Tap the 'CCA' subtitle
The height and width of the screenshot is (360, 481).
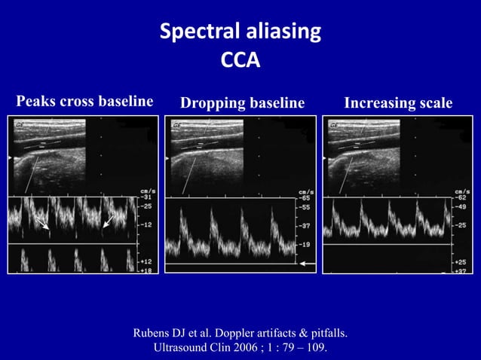click(240, 59)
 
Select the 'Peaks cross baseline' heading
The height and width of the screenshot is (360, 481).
click(84, 101)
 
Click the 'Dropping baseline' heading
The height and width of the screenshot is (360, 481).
click(242, 102)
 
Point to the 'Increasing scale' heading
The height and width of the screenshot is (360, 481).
click(399, 102)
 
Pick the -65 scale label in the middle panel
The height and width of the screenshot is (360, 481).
click(306, 197)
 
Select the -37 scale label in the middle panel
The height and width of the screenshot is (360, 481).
click(306, 225)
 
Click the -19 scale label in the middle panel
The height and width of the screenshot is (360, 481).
click(306, 245)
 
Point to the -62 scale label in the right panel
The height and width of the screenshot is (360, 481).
click(460, 197)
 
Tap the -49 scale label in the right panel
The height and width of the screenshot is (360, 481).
click(460, 206)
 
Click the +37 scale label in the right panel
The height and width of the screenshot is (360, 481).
click(460, 269)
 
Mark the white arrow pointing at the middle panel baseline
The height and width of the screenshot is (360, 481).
click(308, 264)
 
